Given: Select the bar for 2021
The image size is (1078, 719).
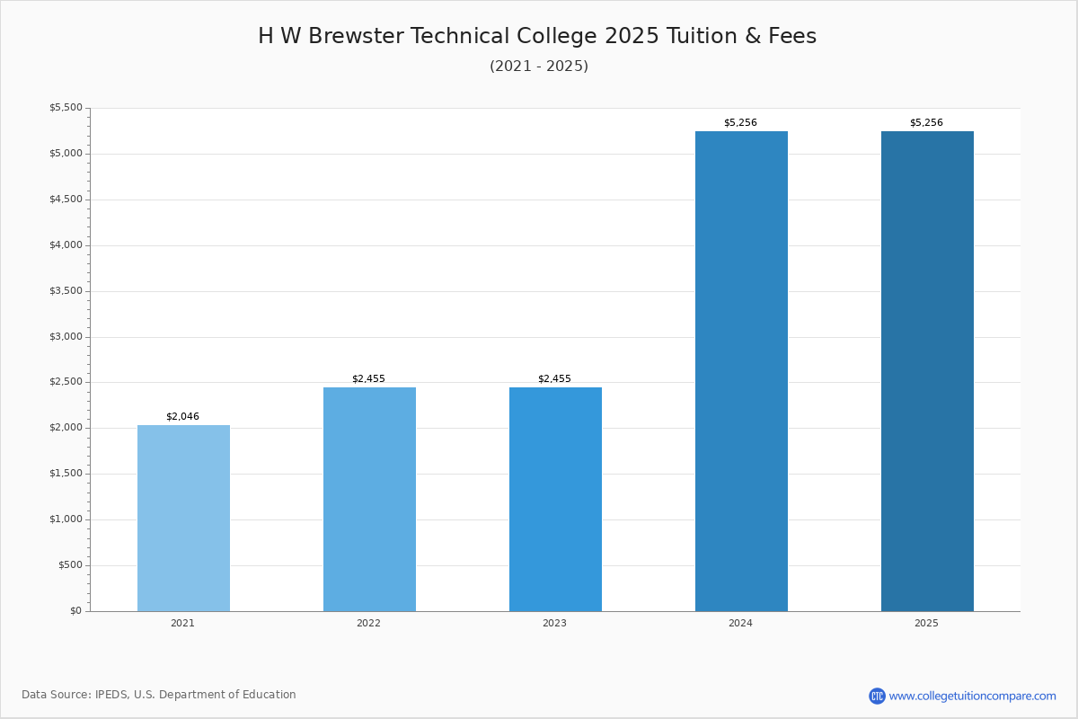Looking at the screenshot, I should [x=183, y=518].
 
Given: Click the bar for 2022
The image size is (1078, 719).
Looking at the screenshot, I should [x=369, y=499].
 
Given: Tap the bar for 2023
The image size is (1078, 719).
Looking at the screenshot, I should [x=555, y=499].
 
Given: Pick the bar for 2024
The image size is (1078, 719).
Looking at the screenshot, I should [x=741, y=371].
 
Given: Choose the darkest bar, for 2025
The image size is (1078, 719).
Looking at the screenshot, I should [x=927, y=371].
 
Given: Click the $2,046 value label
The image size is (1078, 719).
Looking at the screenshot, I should [x=182, y=417].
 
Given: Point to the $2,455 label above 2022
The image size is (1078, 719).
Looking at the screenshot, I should [x=368, y=379].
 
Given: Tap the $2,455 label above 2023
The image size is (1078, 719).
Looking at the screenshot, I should [x=554, y=379].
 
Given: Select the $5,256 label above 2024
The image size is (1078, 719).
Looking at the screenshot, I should [x=740, y=123].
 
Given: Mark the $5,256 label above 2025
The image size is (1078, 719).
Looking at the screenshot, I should [x=926, y=123].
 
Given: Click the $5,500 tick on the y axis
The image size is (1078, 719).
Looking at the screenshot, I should [x=66, y=108].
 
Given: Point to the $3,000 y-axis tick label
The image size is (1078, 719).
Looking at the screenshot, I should [x=66, y=337].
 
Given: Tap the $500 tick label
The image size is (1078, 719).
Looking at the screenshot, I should [x=70, y=565].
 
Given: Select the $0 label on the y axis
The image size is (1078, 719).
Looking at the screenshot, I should [x=75, y=611].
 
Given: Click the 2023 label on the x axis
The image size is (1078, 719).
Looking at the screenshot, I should [x=554, y=624].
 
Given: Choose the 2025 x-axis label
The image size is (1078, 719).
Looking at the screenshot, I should [x=926, y=624].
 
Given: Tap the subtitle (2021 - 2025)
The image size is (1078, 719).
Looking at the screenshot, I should [x=539, y=67].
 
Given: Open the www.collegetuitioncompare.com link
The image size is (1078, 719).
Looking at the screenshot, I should [x=972, y=697].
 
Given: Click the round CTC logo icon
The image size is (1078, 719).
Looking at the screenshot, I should [x=877, y=697].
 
